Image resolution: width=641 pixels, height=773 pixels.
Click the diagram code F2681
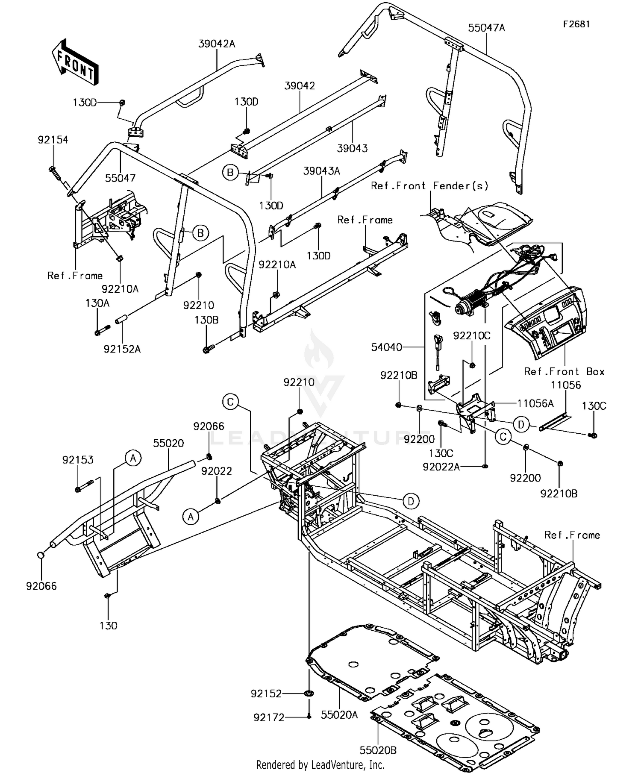click(576, 24)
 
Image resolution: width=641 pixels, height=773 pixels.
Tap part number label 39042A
click(217, 44)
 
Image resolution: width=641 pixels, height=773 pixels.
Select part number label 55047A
click(486, 28)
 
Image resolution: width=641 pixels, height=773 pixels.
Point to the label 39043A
click(321, 171)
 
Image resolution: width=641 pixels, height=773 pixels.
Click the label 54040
click(387, 347)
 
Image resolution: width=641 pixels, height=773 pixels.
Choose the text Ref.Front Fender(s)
click(429, 186)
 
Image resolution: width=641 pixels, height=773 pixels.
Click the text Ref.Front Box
click(564, 372)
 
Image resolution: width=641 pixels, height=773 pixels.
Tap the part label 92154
click(53, 140)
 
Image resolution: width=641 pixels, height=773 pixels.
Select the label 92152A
click(122, 349)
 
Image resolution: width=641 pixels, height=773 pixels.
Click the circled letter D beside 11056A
click(521, 425)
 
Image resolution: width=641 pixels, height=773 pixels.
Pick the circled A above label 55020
click(133, 458)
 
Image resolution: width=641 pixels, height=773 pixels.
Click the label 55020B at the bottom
click(378, 750)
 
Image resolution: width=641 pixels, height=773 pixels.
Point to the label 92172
click(269, 718)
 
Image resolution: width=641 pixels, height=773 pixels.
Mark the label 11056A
click(535, 403)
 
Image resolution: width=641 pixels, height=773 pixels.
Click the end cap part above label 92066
click(41, 555)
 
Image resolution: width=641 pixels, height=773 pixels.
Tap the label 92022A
click(441, 467)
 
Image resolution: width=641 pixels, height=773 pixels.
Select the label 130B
click(206, 320)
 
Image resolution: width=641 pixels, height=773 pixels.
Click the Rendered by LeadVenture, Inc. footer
click(320, 764)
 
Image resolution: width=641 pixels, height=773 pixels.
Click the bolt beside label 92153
click(85, 486)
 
